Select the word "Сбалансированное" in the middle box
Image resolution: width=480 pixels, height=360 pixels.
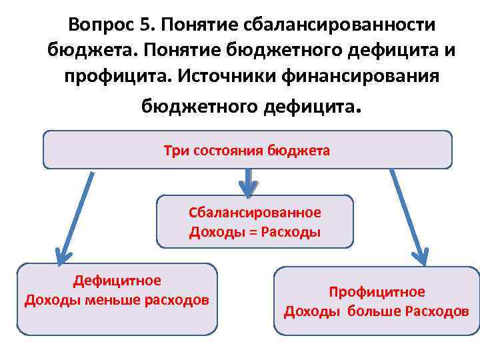tap(255, 213)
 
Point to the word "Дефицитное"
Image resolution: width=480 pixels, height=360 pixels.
tap(117, 281)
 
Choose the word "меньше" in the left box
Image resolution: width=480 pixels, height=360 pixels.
tap(109, 299)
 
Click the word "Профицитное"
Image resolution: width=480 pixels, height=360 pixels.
tap(377, 292)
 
